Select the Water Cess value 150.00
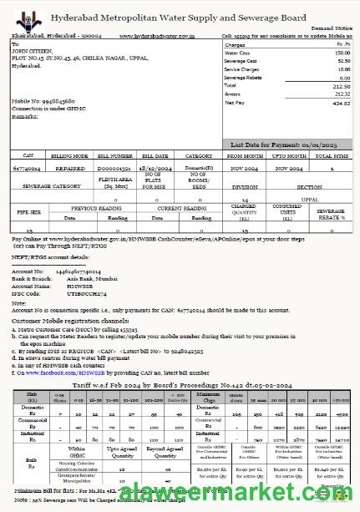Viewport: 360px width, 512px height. click(x=339, y=53)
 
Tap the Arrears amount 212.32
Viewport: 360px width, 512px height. click(x=339, y=94)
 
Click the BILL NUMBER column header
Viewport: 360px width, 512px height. click(x=115, y=156)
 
